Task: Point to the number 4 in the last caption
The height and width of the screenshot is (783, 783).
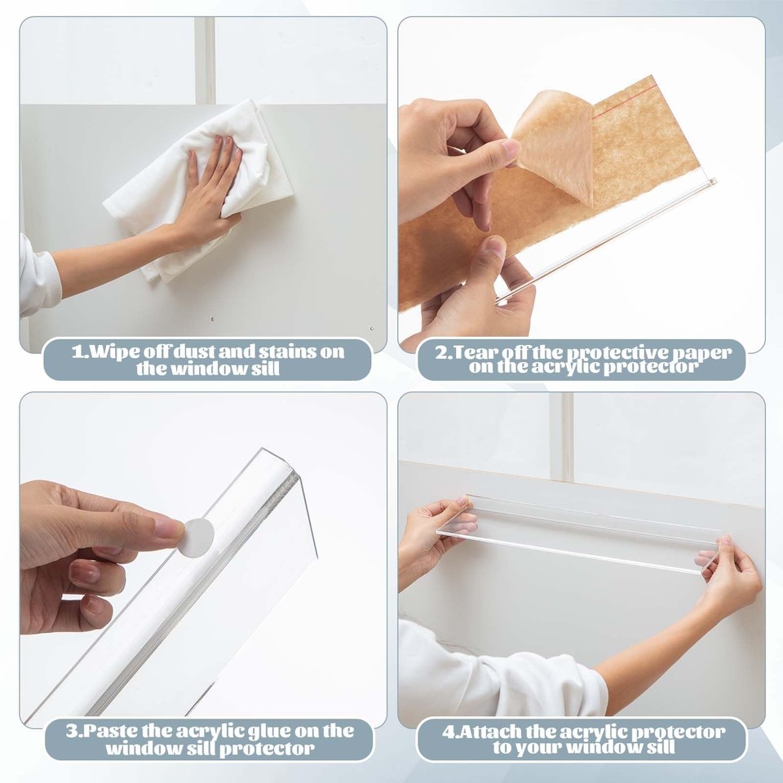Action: (448, 731)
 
